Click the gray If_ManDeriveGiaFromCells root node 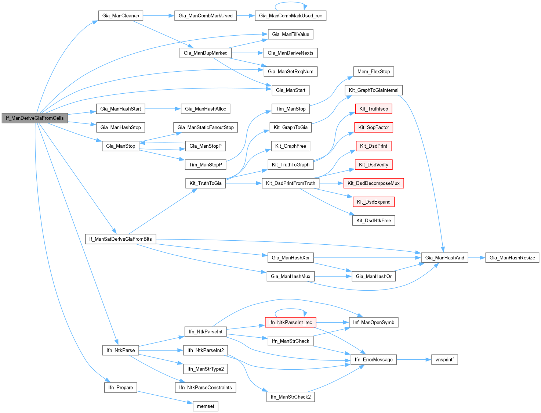click(x=35, y=118)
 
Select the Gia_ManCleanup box click(x=120, y=16)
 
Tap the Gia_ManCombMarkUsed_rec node click(x=290, y=16)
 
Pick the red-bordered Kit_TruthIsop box click(x=374, y=109)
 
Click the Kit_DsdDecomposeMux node click(x=373, y=183)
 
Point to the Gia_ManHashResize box click(x=512, y=258)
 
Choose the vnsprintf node click(x=444, y=360)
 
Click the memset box click(x=206, y=406)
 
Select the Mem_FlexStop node click(x=374, y=72)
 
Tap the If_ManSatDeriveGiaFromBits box click(x=120, y=239)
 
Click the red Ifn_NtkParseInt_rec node click(x=290, y=323)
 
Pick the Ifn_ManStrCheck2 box click(x=290, y=397)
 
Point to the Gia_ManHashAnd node click(x=444, y=258)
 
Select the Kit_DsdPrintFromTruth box click(x=290, y=183)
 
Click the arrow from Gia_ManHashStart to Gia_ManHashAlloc click(x=163, y=109)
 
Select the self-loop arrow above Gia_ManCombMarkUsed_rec click(x=290, y=3)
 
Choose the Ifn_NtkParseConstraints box click(x=206, y=388)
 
